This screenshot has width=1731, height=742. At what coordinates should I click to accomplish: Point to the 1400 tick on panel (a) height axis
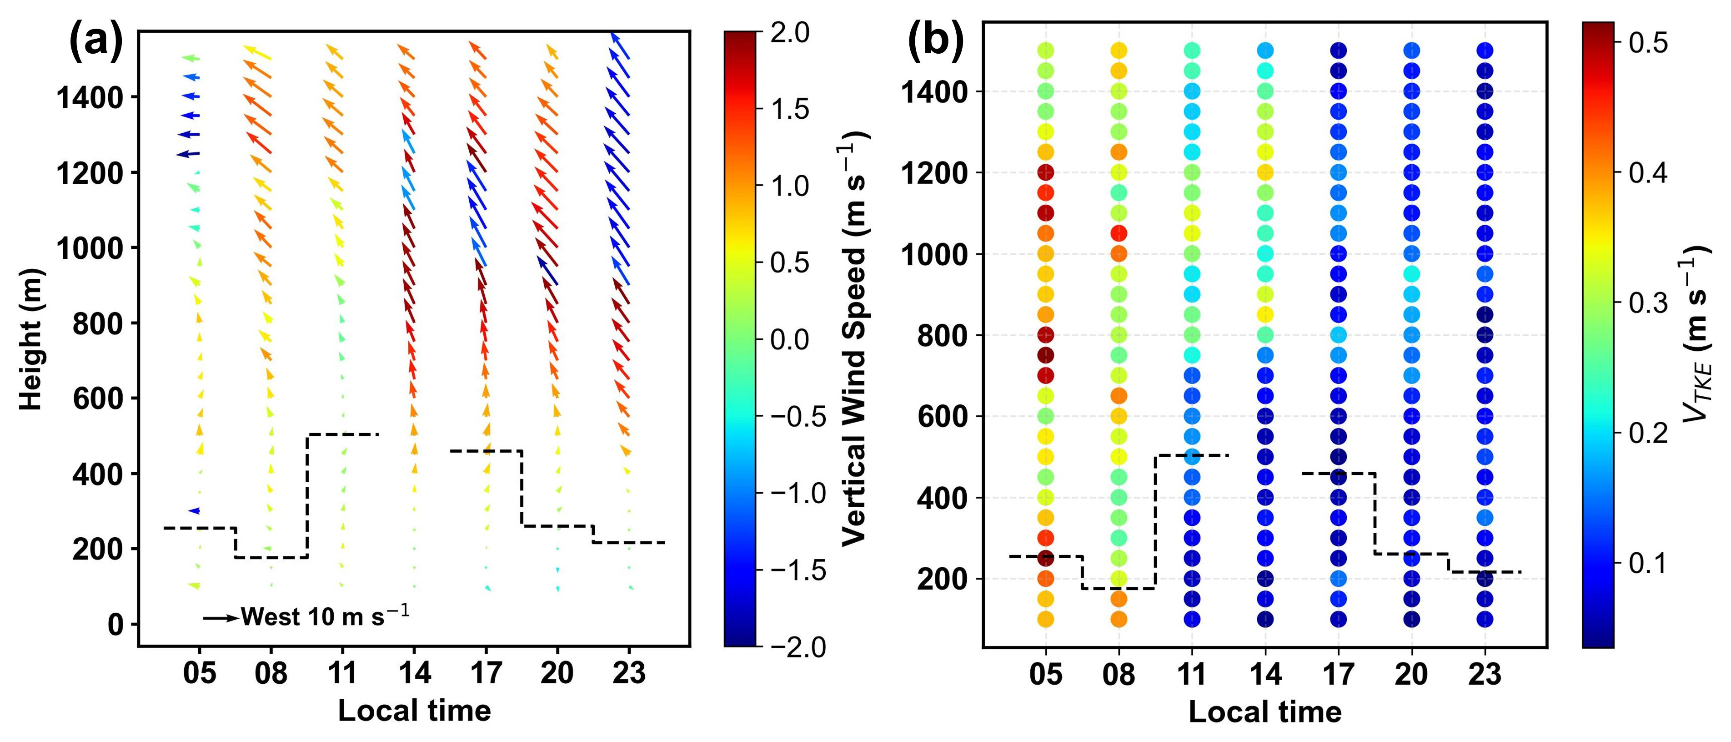(90, 98)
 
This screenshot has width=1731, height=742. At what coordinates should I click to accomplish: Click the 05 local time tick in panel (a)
(200, 672)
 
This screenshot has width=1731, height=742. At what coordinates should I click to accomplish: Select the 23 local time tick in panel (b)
(1485, 673)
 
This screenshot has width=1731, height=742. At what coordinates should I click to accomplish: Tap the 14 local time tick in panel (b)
(1265, 673)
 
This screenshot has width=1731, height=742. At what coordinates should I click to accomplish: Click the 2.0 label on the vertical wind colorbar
(790, 32)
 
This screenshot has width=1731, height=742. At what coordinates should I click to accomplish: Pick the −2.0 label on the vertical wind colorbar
(798, 647)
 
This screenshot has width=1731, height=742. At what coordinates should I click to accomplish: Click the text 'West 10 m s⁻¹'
(325, 616)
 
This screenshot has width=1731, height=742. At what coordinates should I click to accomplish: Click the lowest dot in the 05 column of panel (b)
(1046, 619)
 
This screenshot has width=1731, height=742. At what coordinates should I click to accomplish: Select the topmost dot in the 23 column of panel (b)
(1485, 50)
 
